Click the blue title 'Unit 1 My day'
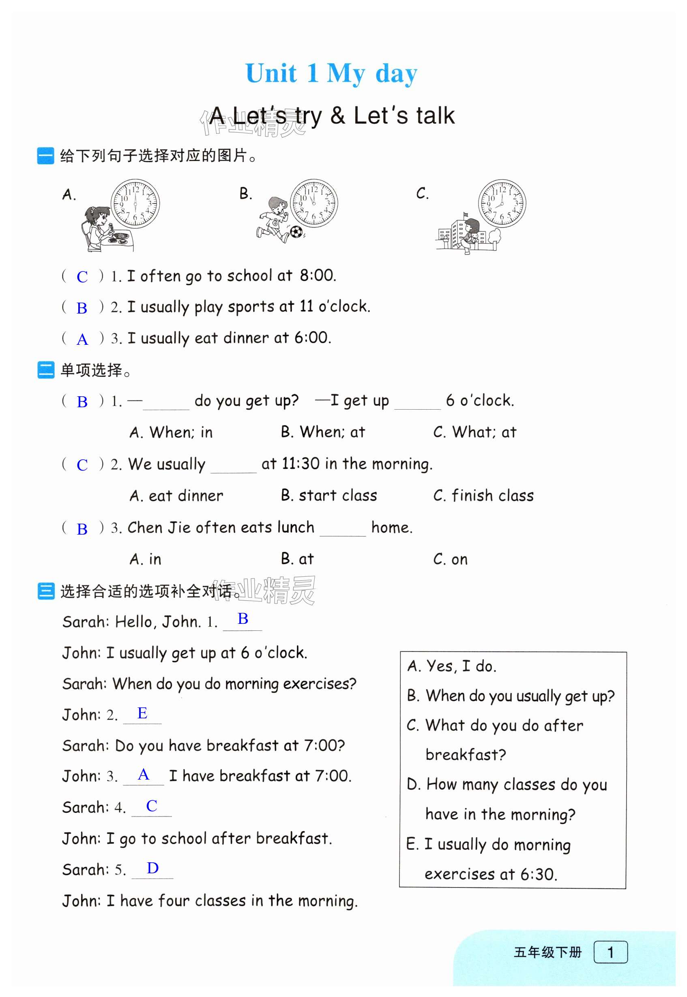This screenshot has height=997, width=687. pos(331,73)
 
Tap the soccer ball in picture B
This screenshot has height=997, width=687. pos(296,232)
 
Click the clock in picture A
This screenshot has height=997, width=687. pos(135,204)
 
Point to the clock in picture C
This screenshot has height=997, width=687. pos(502,204)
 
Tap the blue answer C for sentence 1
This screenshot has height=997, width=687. pos(82,277)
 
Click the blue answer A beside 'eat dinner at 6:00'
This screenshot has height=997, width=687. pos(82,339)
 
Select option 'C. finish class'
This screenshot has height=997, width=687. pos(483,496)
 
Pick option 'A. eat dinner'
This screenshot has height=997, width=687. pos(176,496)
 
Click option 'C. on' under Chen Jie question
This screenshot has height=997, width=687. pos(450,559)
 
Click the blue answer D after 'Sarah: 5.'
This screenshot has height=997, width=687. pos(152,868)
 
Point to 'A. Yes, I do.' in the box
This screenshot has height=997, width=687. pos(451,666)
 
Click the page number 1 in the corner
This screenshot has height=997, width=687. pos(610,952)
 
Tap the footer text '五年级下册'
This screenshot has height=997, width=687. pos(547,952)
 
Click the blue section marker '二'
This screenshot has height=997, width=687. pos(46,370)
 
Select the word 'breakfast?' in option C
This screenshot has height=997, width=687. pos(465,754)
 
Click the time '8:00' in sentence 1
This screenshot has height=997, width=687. pos(317,275)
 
